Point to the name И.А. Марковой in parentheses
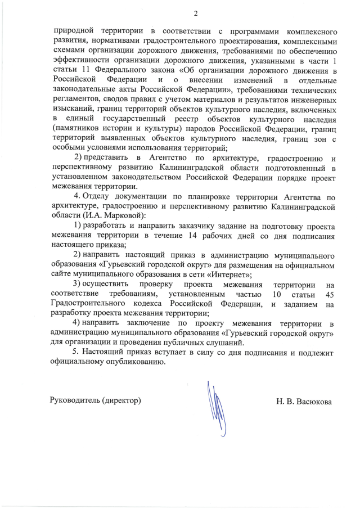[112, 215]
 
